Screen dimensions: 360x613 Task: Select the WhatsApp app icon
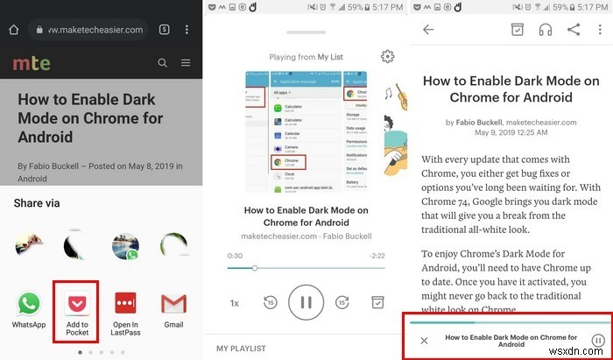29,305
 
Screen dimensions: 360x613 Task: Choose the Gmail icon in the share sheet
173,305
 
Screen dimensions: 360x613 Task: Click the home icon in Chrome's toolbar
13,29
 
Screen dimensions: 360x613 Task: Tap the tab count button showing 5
164,29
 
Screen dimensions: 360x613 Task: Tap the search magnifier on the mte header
162,63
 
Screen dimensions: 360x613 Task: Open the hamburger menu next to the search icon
186,63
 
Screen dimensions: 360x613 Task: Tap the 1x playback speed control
235,303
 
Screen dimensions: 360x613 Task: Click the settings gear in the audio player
387,57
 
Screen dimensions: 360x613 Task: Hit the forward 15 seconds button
342,302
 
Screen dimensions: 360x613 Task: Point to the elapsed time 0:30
235,255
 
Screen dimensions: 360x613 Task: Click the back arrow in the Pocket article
428,30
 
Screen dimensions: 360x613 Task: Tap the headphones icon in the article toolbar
546,30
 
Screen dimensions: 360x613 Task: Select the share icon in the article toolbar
574,30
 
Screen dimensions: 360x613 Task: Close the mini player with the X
424,340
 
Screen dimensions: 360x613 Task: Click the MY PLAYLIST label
242,349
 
